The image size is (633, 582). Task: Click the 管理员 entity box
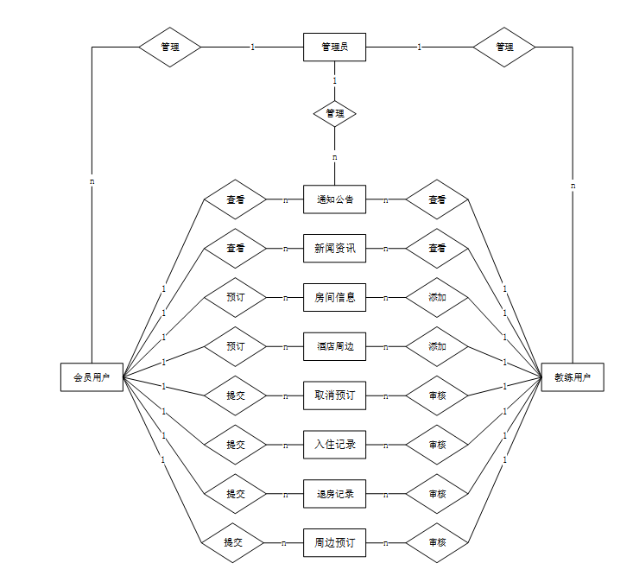pos(334,47)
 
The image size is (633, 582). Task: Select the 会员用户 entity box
pos(91,377)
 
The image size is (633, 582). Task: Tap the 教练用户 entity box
pos(573,377)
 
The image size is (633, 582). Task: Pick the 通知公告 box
pos(334,199)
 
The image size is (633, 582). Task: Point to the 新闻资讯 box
pos(334,249)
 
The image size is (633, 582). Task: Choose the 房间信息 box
pos(334,298)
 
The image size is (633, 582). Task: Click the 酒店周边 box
pos(334,346)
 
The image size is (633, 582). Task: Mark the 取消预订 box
pos(334,395)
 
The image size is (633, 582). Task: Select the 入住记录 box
pos(334,445)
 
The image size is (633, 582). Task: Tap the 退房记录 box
pos(334,494)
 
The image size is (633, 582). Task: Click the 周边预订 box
pos(334,543)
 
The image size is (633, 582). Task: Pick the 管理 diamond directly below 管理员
pos(334,113)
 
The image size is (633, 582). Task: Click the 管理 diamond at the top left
pos(170,47)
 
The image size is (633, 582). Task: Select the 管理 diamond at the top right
pos(504,47)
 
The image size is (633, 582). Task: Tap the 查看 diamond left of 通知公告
pos(235,199)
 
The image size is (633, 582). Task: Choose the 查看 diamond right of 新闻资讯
pos(437,249)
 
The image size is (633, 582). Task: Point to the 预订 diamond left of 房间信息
pos(235,298)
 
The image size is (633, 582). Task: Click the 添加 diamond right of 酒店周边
pos(437,346)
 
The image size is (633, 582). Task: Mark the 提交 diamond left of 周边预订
pos(233,543)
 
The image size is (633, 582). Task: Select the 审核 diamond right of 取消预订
pos(437,395)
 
